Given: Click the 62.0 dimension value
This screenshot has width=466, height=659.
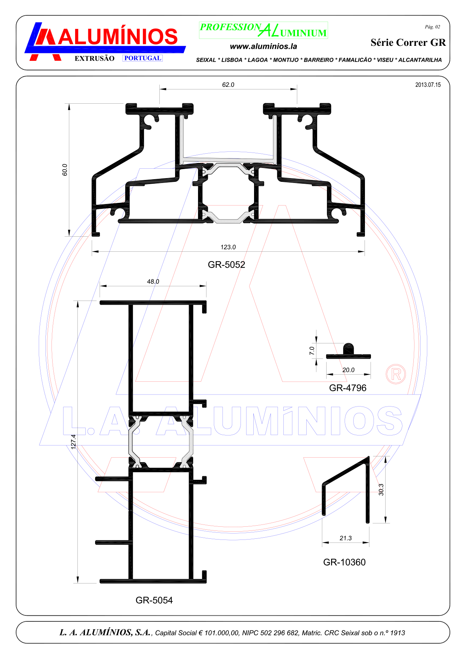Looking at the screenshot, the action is [228, 85].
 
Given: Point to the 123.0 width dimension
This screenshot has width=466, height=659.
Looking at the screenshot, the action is [228, 247].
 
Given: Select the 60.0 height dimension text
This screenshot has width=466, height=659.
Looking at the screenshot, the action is [65, 170].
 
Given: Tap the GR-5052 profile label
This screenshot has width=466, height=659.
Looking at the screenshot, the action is [227, 265].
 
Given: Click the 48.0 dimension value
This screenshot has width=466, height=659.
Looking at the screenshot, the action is [153, 281].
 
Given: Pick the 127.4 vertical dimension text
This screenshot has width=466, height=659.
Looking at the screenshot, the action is [74, 442].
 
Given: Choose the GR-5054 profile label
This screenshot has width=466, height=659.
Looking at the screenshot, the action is [154, 600].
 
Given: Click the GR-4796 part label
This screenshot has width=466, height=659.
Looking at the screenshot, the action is [348, 388].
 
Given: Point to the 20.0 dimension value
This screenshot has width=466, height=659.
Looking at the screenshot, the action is [348, 370].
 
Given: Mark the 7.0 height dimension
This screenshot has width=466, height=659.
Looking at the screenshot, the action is [312, 351].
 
